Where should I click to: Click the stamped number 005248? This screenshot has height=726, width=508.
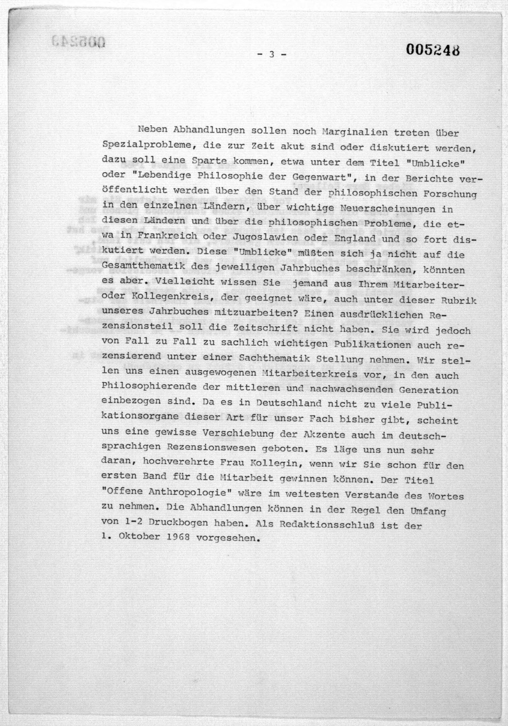pyautogui.click(x=433, y=50)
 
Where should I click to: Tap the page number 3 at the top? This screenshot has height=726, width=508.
pyautogui.click(x=271, y=54)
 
